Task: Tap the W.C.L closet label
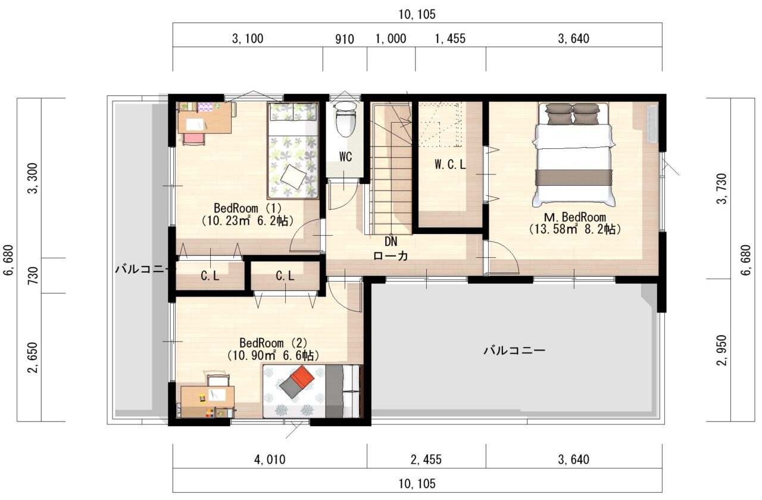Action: tap(449, 165)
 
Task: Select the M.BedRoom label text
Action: tap(575, 217)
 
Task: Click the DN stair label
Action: tap(391, 242)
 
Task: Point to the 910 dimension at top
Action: tap(345, 39)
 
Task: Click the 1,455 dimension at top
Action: tap(450, 39)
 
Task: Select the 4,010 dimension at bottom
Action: tap(270, 460)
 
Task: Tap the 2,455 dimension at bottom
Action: tap(426, 460)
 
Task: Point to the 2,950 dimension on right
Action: tap(721, 351)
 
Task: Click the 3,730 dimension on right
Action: tap(721, 189)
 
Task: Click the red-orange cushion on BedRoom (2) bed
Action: tap(302, 377)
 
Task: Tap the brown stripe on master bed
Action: tap(573, 177)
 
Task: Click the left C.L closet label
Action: tap(210, 276)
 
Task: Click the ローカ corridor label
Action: tap(391, 256)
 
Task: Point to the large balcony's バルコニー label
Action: tap(514, 351)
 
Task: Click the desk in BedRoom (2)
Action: tap(208, 402)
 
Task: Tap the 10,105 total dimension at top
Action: tap(417, 15)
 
